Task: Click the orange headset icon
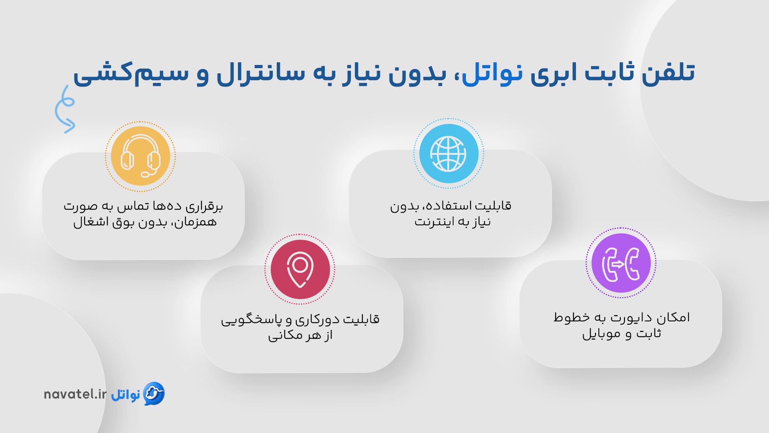(x=141, y=156)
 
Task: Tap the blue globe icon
(x=449, y=154)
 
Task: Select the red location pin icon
(x=300, y=269)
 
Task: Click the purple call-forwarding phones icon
(x=621, y=263)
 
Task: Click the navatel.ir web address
(x=75, y=394)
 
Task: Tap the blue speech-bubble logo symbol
(x=154, y=393)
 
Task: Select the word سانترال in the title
(x=260, y=73)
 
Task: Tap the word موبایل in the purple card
(x=601, y=334)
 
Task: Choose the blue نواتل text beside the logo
(x=125, y=395)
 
